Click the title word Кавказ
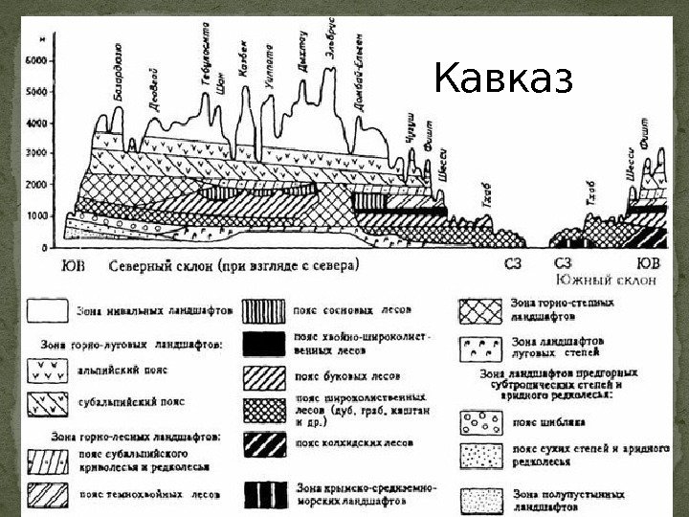[x=503, y=80]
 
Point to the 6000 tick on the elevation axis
[x=34, y=60]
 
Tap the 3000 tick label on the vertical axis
[x=34, y=153]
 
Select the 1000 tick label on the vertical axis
[x=34, y=216]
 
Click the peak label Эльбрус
[x=331, y=38]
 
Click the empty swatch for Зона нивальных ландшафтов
[x=47, y=310]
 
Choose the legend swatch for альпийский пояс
[x=47, y=367]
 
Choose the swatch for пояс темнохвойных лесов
[x=47, y=493]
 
